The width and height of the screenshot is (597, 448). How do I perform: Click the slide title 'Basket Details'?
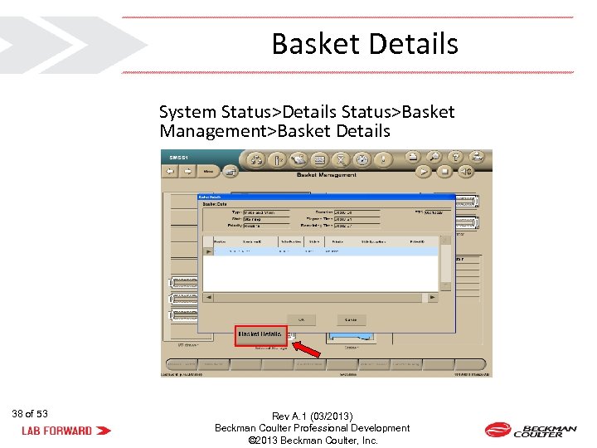pyautogui.click(x=365, y=43)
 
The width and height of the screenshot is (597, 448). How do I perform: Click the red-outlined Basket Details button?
pyautogui.click(x=260, y=334)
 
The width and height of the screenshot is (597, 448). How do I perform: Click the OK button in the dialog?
pyautogui.click(x=301, y=319)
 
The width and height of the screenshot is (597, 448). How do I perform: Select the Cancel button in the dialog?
pyautogui.click(x=351, y=319)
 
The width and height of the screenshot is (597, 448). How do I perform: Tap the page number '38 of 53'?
pyautogui.click(x=30, y=413)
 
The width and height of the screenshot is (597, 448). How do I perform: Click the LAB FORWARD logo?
pyautogui.click(x=66, y=431)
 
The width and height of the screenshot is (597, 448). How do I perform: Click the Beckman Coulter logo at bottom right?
pyautogui.click(x=531, y=430)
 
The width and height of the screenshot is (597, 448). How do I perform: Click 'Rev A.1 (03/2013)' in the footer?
pyautogui.click(x=312, y=416)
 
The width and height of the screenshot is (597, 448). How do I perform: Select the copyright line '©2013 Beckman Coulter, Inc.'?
pyautogui.click(x=313, y=441)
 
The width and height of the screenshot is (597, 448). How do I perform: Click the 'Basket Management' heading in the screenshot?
pyautogui.click(x=327, y=175)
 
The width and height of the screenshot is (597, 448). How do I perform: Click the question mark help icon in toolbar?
pyautogui.click(x=454, y=157)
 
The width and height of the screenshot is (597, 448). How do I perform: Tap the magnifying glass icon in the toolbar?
pyautogui.click(x=434, y=157)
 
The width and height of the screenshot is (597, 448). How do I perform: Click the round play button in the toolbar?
pyautogui.click(x=424, y=172)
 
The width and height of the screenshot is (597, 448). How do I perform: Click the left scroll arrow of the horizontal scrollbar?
pyautogui.click(x=208, y=296)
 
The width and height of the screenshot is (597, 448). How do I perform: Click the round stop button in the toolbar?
pyautogui.click(x=445, y=172)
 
